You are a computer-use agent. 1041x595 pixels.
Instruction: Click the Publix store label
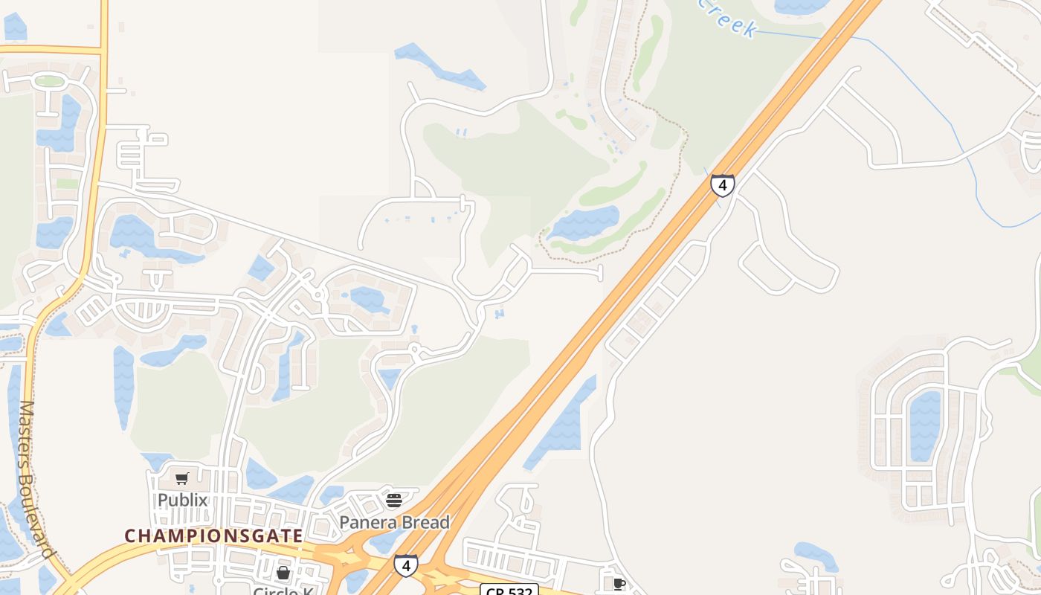pyautogui.click(x=182, y=500)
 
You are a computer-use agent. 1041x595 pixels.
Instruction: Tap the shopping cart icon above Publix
pyautogui.click(x=182, y=478)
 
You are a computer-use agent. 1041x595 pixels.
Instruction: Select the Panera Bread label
pyautogui.click(x=394, y=522)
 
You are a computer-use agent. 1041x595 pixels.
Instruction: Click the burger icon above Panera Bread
pyautogui.click(x=394, y=500)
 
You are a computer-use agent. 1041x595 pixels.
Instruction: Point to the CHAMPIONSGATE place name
pyautogui.click(x=213, y=535)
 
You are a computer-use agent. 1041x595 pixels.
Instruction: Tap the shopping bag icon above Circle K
pyautogui.click(x=283, y=573)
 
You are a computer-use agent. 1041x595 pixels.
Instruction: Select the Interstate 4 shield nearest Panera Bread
pyautogui.click(x=405, y=566)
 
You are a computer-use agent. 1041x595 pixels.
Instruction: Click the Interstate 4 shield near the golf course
pyautogui.click(x=722, y=184)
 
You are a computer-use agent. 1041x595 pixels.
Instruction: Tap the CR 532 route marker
pyautogui.click(x=509, y=591)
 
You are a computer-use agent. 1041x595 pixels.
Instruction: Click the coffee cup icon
pyautogui.click(x=619, y=584)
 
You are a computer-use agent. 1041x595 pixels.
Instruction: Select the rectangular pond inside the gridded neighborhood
pyautogui.click(x=924, y=425)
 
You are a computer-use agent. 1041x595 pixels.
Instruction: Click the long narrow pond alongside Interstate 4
pyautogui.click(x=561, y=424)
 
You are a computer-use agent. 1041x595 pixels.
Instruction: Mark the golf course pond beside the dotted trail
pyautogui.click(x=584, y=223)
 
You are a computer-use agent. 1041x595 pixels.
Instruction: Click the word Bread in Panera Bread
pyautogui.click(x=425, y=522)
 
